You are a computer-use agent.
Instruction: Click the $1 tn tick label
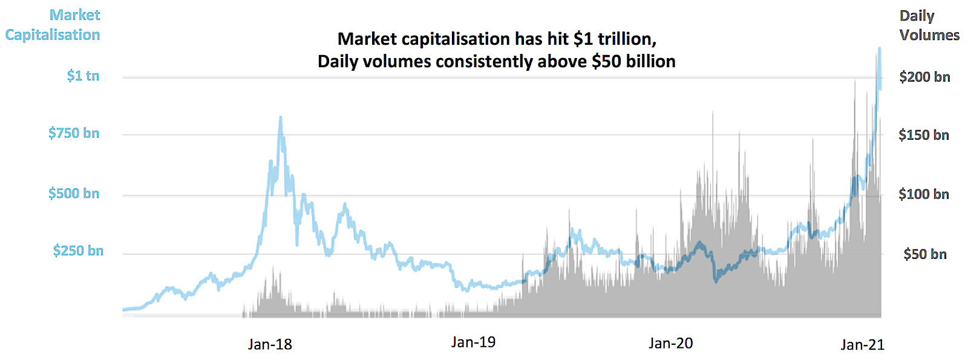(83, 76)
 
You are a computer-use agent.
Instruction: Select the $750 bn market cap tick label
(74, 133)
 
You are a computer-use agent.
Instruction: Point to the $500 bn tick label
(74, 194)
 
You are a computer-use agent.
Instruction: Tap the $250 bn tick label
(78, 250)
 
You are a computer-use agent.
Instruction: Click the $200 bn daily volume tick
(924, 77)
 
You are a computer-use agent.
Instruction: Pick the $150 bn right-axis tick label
(924, 135)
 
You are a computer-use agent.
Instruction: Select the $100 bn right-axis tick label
(924, 194)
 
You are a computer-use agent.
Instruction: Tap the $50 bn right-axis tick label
(925, 254)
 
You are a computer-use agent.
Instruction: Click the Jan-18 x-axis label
(270, 344)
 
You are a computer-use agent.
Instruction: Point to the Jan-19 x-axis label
(473, 342)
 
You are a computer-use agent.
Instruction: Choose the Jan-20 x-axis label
(670, 344)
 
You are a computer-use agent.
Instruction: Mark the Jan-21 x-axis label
(862, 345)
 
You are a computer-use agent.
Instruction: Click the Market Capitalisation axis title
(53, 25)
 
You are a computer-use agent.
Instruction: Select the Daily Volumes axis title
(929, 25)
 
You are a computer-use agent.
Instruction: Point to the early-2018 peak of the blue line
(280, 117)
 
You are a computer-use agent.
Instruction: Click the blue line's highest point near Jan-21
(879, 48)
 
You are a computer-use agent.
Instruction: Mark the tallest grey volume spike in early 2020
(713, 113)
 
